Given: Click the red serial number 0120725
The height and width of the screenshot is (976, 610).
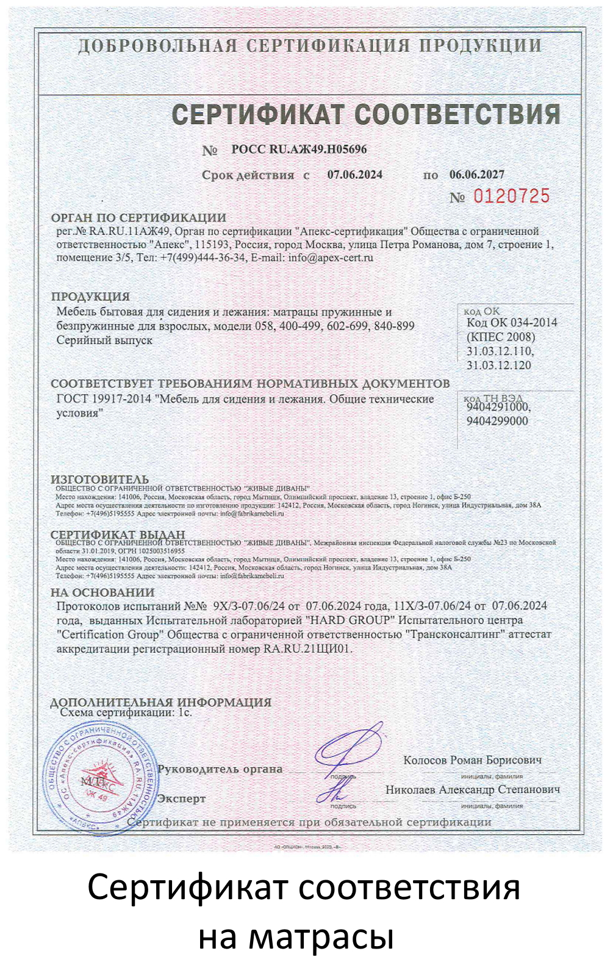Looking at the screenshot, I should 511,196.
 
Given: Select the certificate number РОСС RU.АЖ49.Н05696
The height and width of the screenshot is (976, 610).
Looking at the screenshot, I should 299,149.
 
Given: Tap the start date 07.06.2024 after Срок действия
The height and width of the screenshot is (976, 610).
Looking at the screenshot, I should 355,175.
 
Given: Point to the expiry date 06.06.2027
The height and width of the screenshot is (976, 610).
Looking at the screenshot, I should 477,174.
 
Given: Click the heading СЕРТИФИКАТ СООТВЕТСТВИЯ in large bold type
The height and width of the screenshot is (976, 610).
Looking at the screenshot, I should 365,115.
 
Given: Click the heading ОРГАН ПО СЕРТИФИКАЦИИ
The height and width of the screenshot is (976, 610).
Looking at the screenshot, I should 138,218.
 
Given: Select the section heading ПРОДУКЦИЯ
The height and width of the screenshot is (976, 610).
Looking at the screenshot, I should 90,296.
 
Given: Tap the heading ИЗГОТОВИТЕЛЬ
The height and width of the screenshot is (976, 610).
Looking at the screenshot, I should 99,479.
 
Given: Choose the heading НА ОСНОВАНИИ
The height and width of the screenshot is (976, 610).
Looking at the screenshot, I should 102,592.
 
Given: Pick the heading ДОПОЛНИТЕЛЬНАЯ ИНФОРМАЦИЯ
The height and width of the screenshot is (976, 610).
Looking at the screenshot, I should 160,702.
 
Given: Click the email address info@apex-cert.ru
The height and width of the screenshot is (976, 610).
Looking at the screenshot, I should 331,257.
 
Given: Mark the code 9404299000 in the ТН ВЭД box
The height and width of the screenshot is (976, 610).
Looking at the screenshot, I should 497,421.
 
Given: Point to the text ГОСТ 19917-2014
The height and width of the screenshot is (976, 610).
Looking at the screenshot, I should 104,400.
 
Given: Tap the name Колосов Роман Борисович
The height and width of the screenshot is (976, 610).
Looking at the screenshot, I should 472,760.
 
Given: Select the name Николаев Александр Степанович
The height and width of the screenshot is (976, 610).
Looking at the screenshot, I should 472,789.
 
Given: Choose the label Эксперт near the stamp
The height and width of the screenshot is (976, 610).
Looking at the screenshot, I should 181,798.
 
